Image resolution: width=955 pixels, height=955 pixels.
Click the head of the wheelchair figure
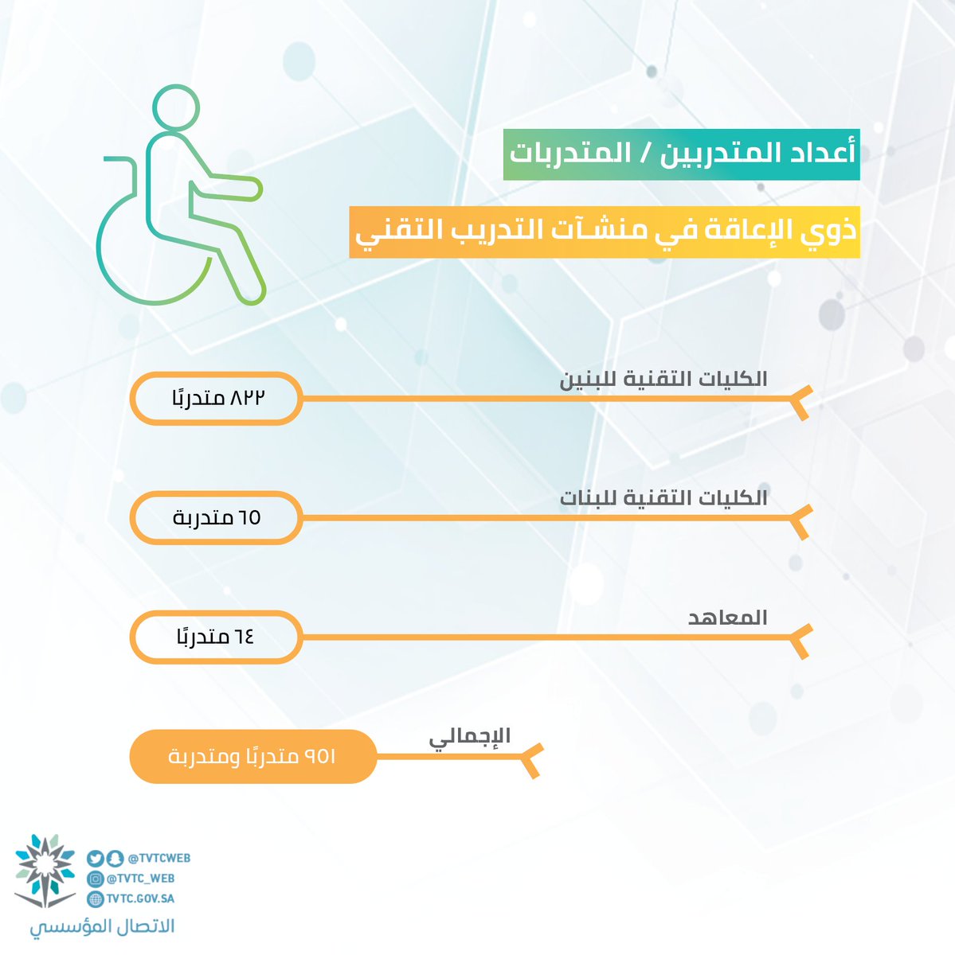pos(175,107)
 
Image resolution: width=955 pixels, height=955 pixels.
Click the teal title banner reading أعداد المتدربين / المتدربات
pos(681,154)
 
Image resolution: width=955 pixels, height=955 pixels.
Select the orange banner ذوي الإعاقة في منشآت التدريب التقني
pos(605,232)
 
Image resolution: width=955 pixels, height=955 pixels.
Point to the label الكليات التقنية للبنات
pos(663,498)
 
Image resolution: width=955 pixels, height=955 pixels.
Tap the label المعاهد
pos(727,618)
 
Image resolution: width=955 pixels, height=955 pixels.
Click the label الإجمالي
pos(469,738)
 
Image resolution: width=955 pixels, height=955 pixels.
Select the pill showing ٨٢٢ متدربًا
pos(217,399)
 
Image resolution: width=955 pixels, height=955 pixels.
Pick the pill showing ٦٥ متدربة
pos(217,518)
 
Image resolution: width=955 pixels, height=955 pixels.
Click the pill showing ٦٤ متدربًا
pos(217,637)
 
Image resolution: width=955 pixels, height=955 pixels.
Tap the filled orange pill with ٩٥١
pos(253,756)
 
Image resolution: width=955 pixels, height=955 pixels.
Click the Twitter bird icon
pos(95,859)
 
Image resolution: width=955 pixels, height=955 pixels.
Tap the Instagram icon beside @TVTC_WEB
pos(95,879)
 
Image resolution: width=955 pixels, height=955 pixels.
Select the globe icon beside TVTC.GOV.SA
pos(95,899)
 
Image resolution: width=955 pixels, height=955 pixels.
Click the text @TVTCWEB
pos(159,859)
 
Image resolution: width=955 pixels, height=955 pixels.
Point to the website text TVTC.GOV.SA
pos(140,898)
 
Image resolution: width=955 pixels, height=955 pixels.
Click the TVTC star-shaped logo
pos(45,871)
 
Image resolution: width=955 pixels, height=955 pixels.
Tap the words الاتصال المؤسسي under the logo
pos(102,926)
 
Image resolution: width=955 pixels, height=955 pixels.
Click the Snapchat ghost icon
pos(115,859)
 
